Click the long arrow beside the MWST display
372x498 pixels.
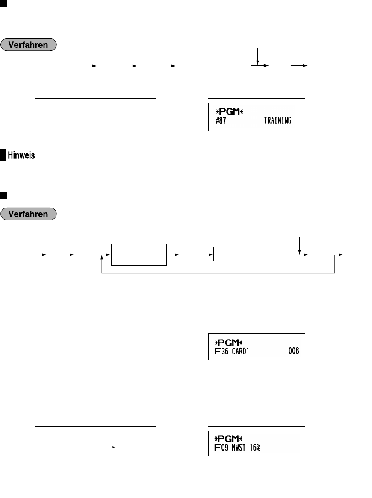point(104,448)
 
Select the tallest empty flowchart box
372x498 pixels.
point(139,255)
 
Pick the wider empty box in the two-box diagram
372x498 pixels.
point(252,255)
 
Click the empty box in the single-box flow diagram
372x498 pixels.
point(213,66)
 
